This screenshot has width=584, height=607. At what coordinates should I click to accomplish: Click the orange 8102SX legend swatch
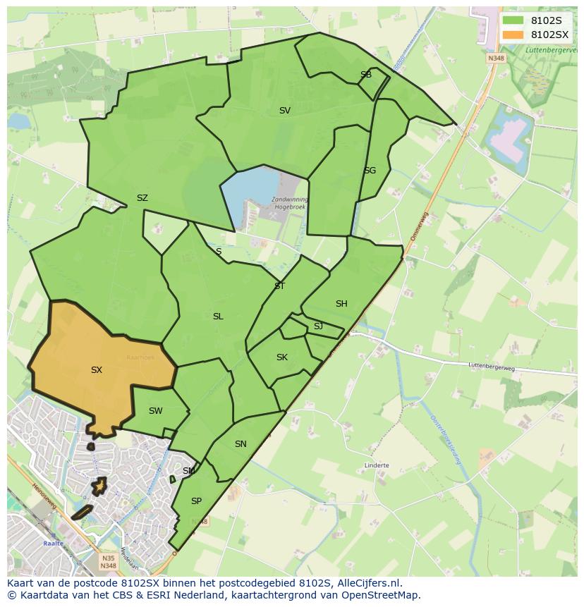click(x=513, y=35)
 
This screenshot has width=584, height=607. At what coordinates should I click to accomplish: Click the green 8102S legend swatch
click(x=513, y=20)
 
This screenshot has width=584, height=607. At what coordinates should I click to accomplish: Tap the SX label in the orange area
click(x=97, y=369)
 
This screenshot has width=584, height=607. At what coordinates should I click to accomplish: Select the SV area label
click(x=284, y=111)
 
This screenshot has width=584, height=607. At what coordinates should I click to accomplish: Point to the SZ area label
click(x=142, y=198)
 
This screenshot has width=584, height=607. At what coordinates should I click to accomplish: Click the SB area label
click(x=365, y=75)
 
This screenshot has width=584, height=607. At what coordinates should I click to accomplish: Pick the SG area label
click(x=370, y=171)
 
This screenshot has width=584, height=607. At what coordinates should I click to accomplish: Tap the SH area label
click(x=341, y=304)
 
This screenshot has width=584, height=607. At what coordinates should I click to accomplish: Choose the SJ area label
click(x=318, y=326)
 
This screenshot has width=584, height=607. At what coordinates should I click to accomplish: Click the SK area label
click(x=282, y=357)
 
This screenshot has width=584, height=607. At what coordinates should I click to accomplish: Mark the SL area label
click(x=218, y=317)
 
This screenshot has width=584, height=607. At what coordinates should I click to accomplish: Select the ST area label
click(x=279, y=286)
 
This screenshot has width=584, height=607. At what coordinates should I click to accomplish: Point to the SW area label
click(x=156, y=411)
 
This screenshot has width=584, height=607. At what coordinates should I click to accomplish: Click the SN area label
click(x=241, y=444)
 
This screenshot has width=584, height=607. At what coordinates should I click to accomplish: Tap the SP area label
click(x=196, y=501)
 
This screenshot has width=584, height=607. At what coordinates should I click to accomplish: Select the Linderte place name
click(x=377, y=466)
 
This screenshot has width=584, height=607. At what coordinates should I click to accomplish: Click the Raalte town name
click(x=53, y=544)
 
